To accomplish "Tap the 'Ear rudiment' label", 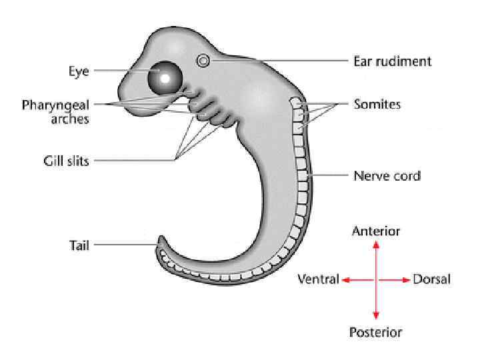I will point(392,61).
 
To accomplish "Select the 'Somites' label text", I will point(377,105).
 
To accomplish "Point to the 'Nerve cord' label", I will point(387,176).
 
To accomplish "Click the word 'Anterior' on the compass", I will point(376,231).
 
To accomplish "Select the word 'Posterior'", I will point(376,331).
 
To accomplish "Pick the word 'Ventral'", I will point(318,279).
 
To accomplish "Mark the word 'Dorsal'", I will point(432,279).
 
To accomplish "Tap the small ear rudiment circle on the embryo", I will point(203,61).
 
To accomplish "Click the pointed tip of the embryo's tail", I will point(159,237).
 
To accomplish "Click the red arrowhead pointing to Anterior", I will point(376,245).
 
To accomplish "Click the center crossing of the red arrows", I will point(376,280).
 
